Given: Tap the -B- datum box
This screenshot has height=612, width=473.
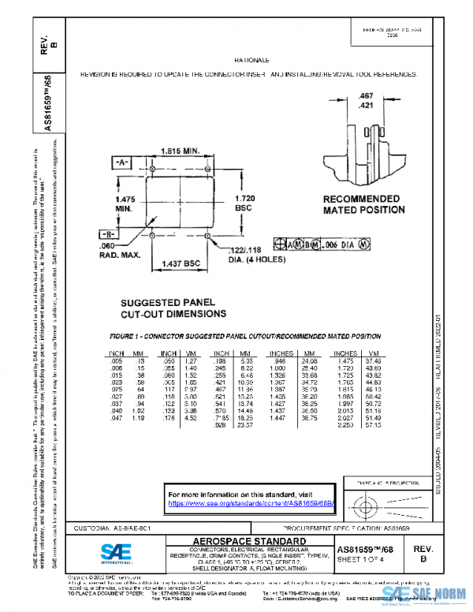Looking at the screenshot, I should point(109,234).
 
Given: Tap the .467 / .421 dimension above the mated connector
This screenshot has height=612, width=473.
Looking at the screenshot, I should point(365,100).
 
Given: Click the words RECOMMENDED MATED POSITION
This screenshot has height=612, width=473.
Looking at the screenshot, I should point(361,204).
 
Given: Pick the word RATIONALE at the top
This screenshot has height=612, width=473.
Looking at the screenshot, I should point(252,60).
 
